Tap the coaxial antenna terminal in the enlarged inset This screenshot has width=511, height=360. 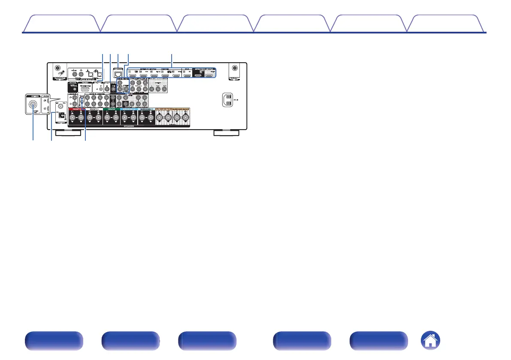(33, 103)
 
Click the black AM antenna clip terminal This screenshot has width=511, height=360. (61, 115)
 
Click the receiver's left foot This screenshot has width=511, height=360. (68, 133)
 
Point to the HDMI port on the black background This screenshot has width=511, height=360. (198, 76)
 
